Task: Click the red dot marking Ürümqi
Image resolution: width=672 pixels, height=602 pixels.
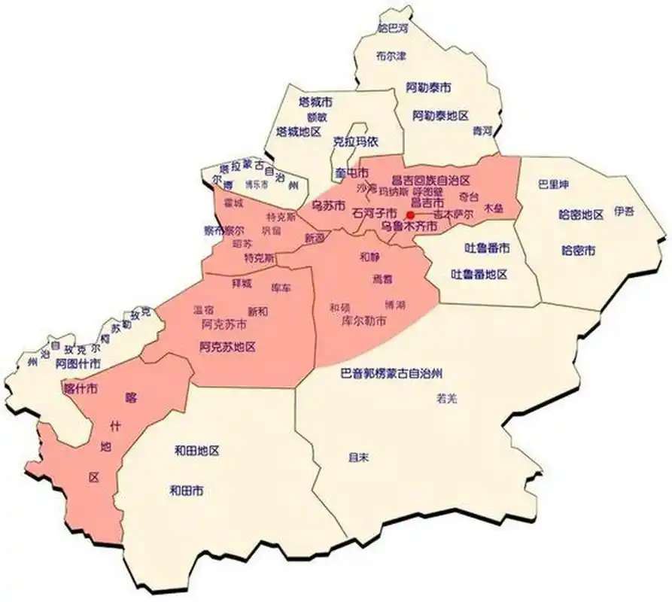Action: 410,214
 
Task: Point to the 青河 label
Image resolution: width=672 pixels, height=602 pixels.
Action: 482,130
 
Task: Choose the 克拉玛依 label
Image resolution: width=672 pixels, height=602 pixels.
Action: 355,141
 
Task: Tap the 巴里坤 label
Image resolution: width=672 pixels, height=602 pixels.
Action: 553,184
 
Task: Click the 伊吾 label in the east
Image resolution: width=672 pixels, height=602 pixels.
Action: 624,211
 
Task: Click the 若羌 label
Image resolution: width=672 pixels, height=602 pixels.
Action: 446,399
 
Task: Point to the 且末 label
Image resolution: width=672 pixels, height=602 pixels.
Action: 357,456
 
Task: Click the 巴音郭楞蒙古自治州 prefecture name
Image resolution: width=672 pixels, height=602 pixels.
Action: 391,372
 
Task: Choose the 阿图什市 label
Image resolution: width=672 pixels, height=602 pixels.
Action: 78,363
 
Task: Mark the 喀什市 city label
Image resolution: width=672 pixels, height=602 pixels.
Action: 81,389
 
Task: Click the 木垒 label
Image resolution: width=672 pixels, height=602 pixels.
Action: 493,206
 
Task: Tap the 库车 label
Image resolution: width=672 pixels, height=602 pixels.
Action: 281,288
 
